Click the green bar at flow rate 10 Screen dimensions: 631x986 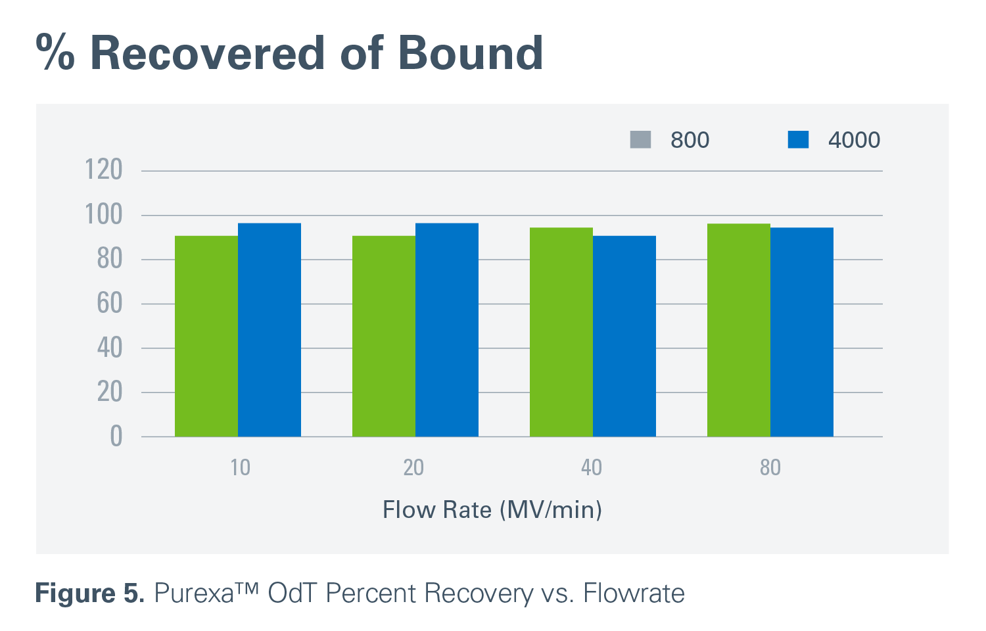pyautogui.click(x=206, y=336)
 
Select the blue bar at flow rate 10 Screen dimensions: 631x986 pyautogui.click(x=269, y=329)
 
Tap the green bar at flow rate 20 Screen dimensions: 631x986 pyautogui.click(x=383, y=336)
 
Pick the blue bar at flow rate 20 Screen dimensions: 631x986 pyautogui.click(x=446, y=329)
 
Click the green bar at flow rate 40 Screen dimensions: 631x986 pyautogui.click(x=561, y=332)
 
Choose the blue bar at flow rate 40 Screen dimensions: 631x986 pyautogui.click(x=624, y=336)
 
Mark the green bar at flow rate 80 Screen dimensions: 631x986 pyautogui.click(x=738, y=330)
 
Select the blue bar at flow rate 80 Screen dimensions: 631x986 pyautogui.click(x=801, y=332)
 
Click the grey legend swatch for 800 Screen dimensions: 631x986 pyautogui.click(x=640, y=139)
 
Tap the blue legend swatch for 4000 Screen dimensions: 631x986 pyautogui.click(x=798, y=139)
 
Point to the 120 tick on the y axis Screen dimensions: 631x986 pyautogui.click(x=104, y=170)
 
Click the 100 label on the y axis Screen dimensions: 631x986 pyautogui.click(x=104, y=215)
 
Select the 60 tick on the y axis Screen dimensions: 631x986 pyautogui.click(x=109, y=304)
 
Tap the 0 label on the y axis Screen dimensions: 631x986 pyautogui.click(x=116, y=436)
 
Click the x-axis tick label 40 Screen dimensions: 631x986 pyautogui.click(x=591, y=467)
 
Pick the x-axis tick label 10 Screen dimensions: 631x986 pyautogui.click(x=240, y=467)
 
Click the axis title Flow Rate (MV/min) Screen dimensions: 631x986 pyautogui.click(x=492, y=510)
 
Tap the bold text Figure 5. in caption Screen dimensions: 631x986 pyautogui.click(x=89, y=594)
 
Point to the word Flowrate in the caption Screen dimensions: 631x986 pyautogui.click(x=634, y=594)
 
